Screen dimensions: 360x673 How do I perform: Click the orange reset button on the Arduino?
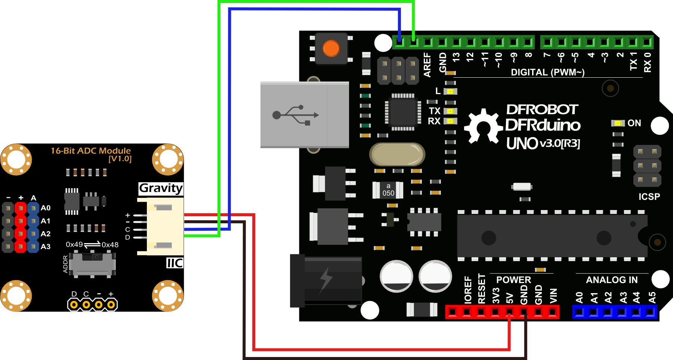(331, 48)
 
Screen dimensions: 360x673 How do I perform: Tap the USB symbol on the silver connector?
(296, 115)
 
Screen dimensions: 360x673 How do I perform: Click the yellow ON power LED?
(618, 123)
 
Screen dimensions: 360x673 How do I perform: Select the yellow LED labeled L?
(451, 91)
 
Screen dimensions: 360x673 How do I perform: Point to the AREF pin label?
(427, 65)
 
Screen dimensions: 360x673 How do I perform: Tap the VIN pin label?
(553, 296)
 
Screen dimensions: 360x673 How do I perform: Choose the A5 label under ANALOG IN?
(652, 297)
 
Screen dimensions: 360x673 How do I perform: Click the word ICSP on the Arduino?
(649, 197)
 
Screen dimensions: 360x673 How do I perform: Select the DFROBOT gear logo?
(483, 126)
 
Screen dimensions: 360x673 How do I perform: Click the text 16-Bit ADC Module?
(91, 151)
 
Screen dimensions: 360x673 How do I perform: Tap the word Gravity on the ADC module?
(161, 188)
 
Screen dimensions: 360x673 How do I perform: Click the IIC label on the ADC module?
(175, 263)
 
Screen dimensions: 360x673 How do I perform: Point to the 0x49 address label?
(74, 244)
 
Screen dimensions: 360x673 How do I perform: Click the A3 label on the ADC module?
(46, 246)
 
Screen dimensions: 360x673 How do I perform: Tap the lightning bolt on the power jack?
(326, 279)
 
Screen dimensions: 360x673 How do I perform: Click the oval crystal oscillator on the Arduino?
(397, 154)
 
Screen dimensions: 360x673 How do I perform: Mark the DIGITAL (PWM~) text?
(547, 72)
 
